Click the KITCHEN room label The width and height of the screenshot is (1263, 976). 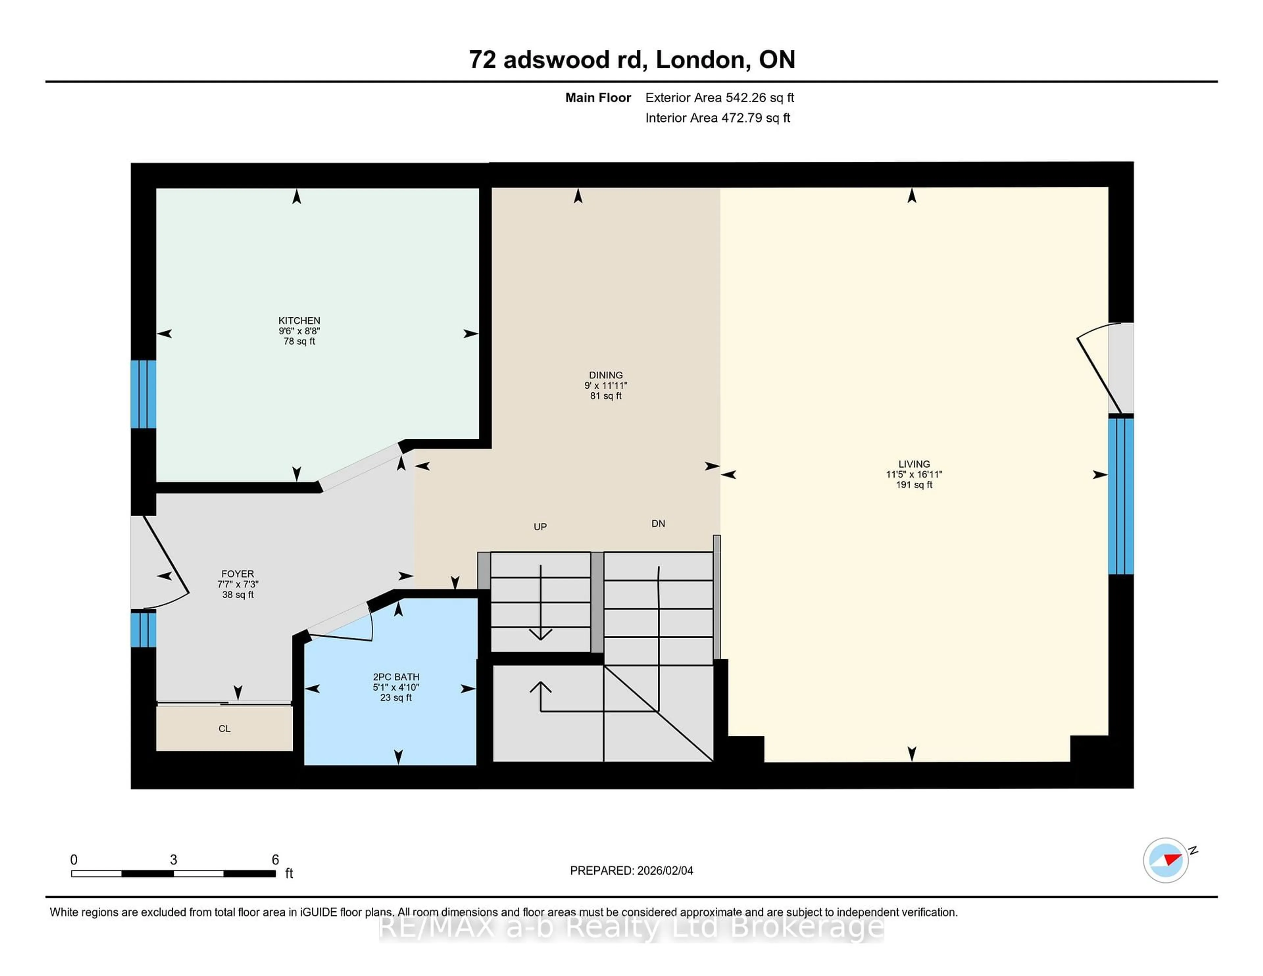299,320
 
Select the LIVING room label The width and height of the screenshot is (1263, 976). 914,464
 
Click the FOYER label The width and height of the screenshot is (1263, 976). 237,573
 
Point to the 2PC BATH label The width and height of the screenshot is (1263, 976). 396,676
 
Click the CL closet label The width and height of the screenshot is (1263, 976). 224,728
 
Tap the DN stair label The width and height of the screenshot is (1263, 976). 657,523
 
